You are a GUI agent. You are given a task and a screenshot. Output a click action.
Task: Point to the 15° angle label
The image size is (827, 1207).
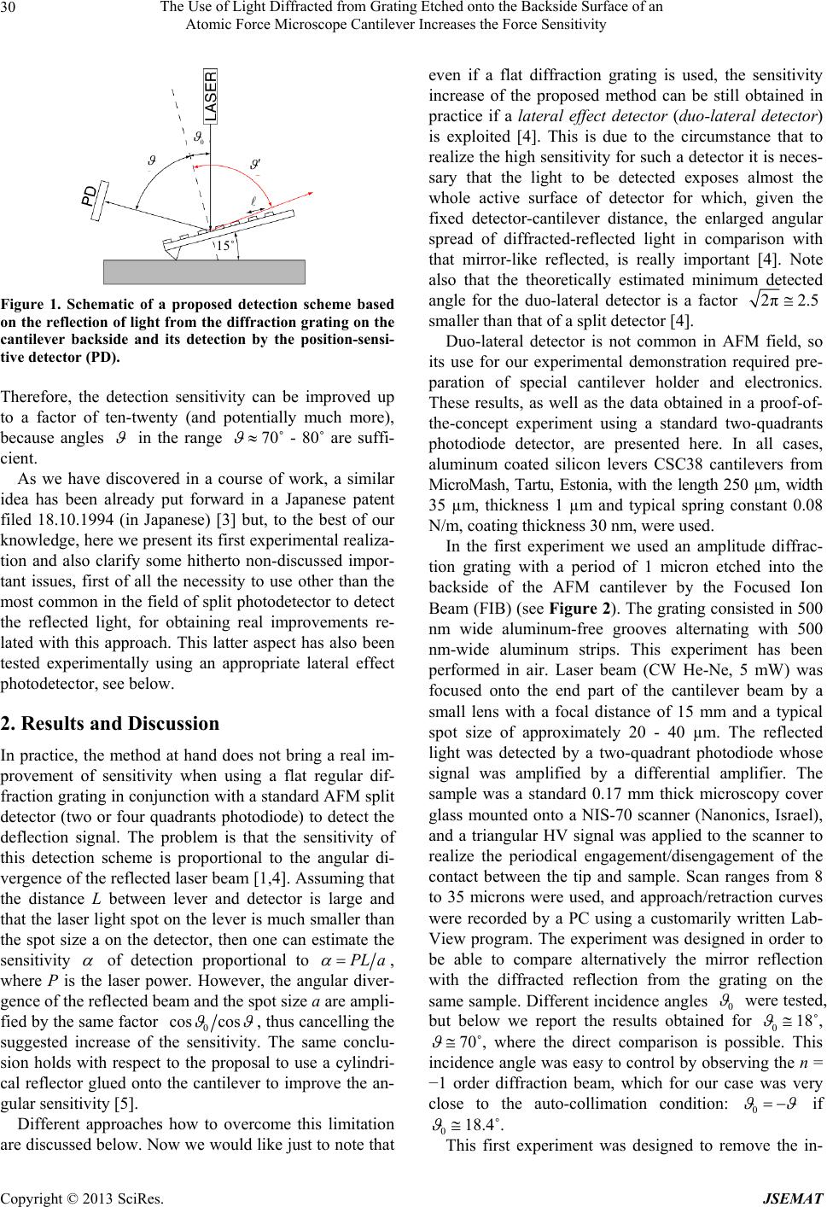224,247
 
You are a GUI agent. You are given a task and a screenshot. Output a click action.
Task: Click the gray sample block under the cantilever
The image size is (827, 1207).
204,271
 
